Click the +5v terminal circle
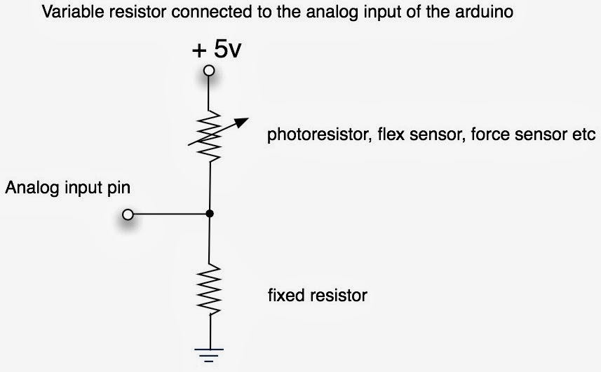point(209,71)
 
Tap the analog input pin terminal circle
point(128,214)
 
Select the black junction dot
point(209,214)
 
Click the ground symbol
point(209,355)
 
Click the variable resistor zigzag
point(209,136)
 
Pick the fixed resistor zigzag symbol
point(209,289)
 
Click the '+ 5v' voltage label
point(217,49)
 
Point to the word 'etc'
point(583,135)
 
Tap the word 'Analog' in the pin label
point(32,188)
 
